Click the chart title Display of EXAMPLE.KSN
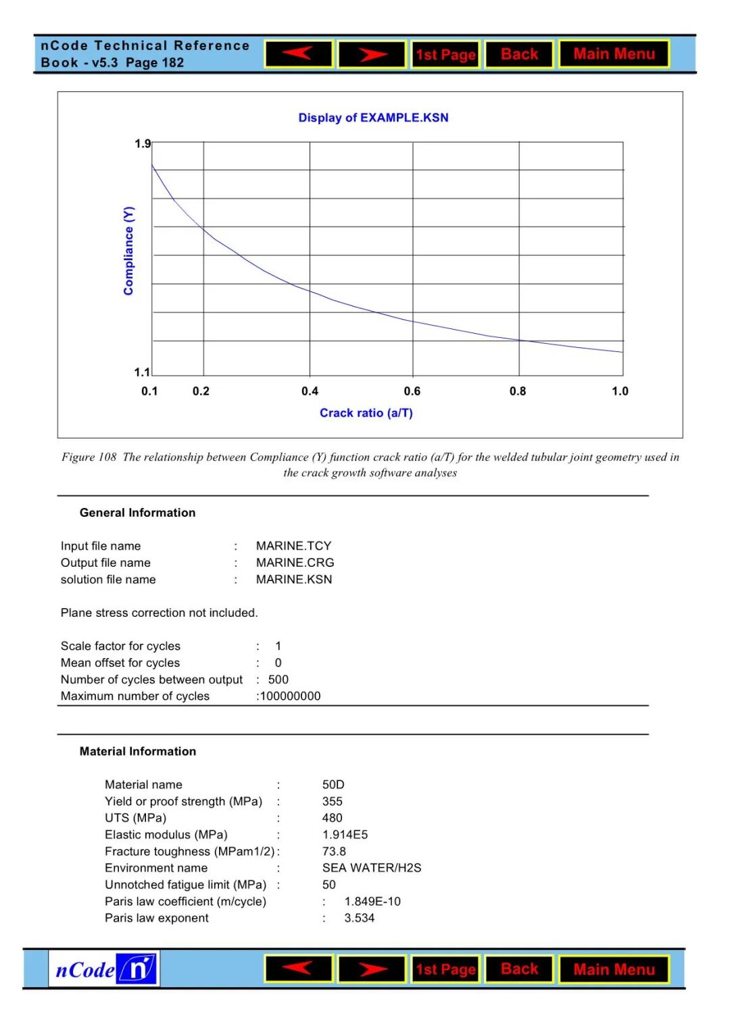click(x=373, y=118)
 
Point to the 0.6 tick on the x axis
click(x=412, y=391)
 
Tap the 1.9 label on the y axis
click(x=143, y=144)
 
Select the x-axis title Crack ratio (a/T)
click(x=366, y=413)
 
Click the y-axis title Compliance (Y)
click(x=128, y=251)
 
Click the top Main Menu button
click(x=614, y=54)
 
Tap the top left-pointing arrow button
click(x=298, y=54)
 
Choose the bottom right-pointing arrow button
click(x=372, y=969)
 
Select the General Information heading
click(x=137, y=513)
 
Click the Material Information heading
click(x=138, y=751)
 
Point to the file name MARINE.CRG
click(x=295, y=563)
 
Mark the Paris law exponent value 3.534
click(x=359, y=918)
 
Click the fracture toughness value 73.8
click(x=334, y=851)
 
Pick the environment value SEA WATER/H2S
click(x=371, y=868)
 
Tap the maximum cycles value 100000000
click(x=290, y=697)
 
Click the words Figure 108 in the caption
click(x=89, y=457)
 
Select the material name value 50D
click(x=333, y=784)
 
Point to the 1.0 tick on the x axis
click(x=620, y=391)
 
